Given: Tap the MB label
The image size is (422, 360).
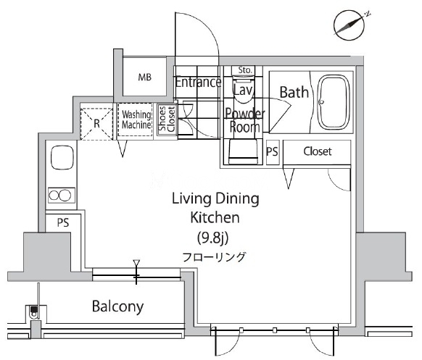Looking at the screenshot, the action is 145,78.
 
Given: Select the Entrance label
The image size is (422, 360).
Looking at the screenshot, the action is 199,82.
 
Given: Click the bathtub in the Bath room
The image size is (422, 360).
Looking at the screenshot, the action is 334,102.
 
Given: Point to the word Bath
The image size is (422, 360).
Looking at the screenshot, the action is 294,92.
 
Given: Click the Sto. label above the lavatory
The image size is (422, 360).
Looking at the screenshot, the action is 245,70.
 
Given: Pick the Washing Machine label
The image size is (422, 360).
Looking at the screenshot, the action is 136,120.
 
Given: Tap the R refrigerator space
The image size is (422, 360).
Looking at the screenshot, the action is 96,124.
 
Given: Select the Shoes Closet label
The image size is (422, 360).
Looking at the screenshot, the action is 167,119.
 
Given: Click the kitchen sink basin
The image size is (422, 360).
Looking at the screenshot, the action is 62,158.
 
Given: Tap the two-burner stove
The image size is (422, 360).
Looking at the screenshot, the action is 62,195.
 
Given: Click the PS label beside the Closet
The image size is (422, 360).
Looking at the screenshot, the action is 272,151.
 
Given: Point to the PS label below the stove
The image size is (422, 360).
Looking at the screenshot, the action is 63,222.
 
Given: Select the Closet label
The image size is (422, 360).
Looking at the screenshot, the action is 318,151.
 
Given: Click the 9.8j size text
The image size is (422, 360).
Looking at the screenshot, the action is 213,238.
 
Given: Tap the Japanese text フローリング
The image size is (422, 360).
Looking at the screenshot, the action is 214,257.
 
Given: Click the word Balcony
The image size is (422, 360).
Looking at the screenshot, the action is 118,306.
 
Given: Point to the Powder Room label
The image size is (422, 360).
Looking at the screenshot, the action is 245,120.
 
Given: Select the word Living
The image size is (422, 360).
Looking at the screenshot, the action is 191,199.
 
